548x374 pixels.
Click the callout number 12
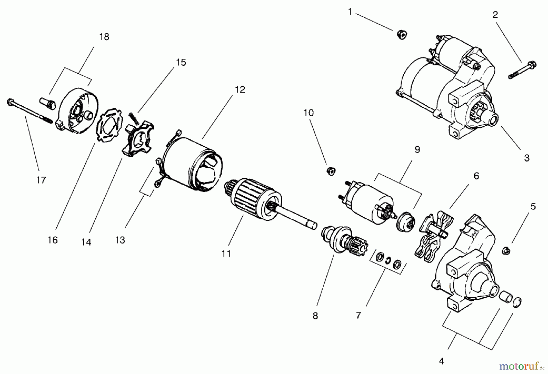(x=240, y=90)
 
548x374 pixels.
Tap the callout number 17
(x=41, y=180)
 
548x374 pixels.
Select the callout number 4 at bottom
(x=441, y=361)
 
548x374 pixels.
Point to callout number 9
(x=417, y=150)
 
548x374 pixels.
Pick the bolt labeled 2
(x=522, y=70)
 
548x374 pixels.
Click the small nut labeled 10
(x=331, y=171)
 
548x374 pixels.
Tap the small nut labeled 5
(x=506, y=251)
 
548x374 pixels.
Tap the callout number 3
(x=527, y=158)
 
